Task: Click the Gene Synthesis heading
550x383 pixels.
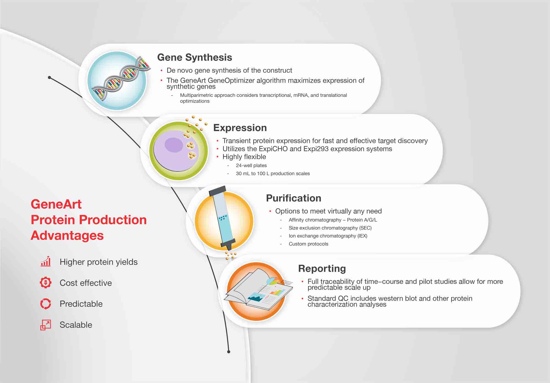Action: coord(194,57)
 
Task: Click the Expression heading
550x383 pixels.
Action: coord(240,128)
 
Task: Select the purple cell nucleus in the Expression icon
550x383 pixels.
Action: coord(174,145)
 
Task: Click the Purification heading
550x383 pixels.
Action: coord(293,198)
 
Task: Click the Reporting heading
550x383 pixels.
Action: coord(322,268)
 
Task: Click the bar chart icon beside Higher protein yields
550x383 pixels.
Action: coord(46,262)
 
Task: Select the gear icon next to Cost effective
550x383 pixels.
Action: coord(46,283)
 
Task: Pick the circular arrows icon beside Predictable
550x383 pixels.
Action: coord(46,304)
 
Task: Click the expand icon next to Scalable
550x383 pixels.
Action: coord(46,325)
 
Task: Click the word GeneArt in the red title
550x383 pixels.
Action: coord(56,204)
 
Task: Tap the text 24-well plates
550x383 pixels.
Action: coord(251,165)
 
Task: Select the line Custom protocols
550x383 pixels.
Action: coord(308,244)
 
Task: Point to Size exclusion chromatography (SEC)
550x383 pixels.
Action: coord(330,228)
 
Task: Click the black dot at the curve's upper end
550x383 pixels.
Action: coord(50,78)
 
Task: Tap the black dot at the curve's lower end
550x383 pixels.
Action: coord(229,352)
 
